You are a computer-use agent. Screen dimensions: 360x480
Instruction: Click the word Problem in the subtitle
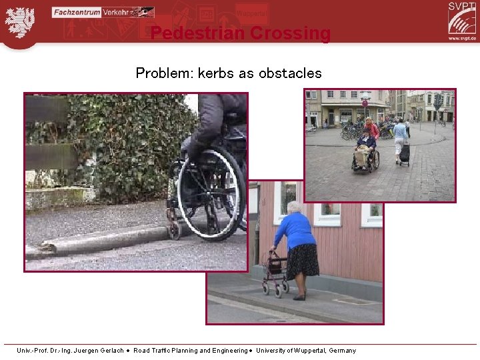point(162,73)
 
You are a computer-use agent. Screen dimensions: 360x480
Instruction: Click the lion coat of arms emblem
point(19,21)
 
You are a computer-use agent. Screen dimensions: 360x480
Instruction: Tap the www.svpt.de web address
point(462,38)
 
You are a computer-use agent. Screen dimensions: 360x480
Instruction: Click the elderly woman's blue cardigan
point(295,230)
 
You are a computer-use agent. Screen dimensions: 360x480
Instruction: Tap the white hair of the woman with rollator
point(293,207)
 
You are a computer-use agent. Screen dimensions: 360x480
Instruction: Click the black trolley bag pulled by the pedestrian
point(405,153)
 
